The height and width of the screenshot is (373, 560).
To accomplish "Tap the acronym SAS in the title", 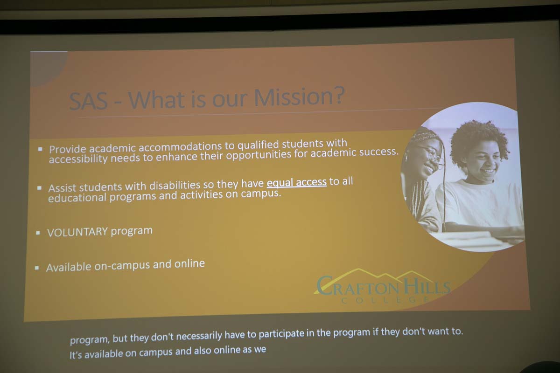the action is pyautogui.click(x=88, y=101).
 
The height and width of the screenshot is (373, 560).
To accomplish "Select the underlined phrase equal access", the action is pyautogui.click(x=296, y=182).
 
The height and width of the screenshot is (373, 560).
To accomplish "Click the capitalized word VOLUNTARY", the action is pyautogui.click(x=77, y=232).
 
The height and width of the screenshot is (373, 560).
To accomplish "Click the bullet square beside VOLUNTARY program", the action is pyautogui.click(x=38, y=233).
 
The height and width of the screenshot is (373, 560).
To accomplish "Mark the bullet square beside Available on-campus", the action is pyautogui.click(x=37, y=268).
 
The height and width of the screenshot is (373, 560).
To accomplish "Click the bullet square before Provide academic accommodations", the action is pyautogui.click(x=40, y=149).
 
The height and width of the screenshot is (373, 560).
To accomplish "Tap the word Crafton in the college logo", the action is pyautogui.click(x=357, y=285).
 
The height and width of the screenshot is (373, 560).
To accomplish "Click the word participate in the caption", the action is pyautogui.click(x=281, y=334).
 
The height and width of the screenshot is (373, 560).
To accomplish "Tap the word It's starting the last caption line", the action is pyautogui.click(x=76, y=355).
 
